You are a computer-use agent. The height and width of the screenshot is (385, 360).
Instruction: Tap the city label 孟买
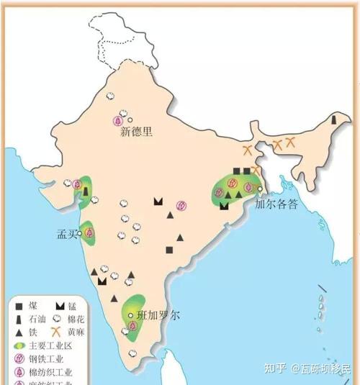point(67,234)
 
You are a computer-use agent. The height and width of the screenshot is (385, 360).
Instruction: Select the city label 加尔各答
point(276,204)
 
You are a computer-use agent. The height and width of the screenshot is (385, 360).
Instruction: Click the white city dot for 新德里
point(130,119)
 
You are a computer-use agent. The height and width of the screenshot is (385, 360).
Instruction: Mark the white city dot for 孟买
point(81,234)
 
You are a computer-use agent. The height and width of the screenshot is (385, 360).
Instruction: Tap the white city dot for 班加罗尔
point(130,315)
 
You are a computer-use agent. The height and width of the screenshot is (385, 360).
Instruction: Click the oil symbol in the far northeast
point(334,120)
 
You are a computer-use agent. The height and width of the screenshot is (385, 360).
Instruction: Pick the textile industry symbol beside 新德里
point(117,119)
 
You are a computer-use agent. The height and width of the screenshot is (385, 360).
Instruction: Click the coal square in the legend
point(17,306)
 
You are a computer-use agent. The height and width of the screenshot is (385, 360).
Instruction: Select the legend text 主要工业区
point(50,345)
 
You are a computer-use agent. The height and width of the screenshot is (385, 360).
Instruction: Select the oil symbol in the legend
point(17,319)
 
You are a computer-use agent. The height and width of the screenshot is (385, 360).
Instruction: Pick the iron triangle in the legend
point(17,332)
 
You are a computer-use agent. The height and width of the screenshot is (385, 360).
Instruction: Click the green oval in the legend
point(18,345)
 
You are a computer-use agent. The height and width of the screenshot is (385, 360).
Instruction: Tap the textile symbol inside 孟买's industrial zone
point(89,232)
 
